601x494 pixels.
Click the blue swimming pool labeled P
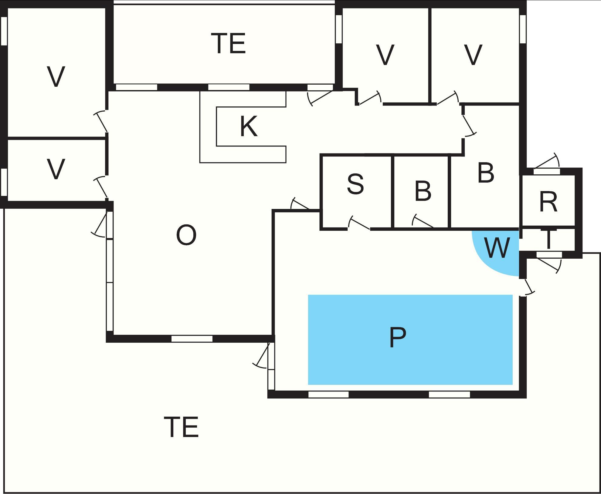(410, 339)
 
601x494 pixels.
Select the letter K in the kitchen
(249, 127)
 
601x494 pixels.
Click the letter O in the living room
(186, 235)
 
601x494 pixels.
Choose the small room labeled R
(548, 202)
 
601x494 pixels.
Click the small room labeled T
(548, 240)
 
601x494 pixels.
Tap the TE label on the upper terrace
(228, 44)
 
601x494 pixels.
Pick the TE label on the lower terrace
(181, 427)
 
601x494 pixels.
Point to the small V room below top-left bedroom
(56, 169)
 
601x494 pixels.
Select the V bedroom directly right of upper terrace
(385, 55)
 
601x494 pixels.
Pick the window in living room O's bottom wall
(192, 338)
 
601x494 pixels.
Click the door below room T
(549, 261)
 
